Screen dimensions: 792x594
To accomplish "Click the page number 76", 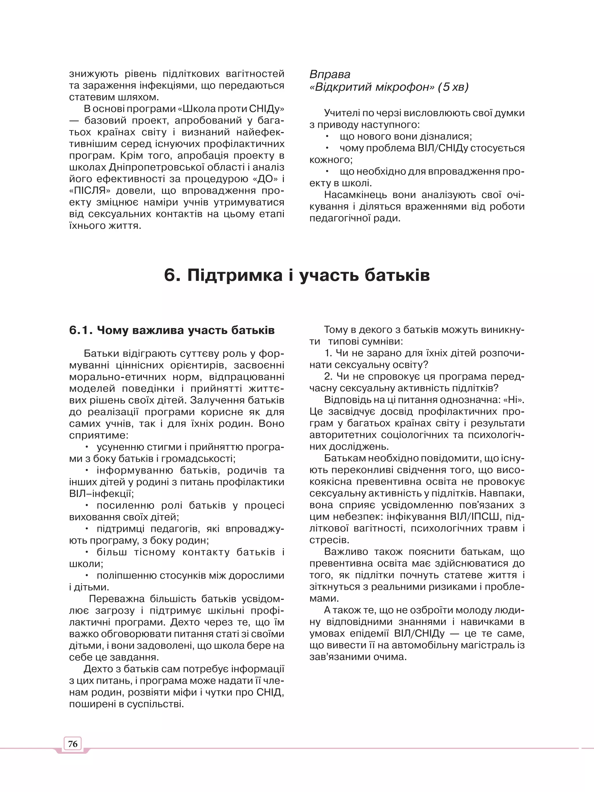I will [x=73, y=744].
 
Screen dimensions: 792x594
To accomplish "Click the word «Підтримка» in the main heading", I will [x=235, y=275].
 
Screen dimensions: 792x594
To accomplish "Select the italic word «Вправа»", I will [x=330, y=74].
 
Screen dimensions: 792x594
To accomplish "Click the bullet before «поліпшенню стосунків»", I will [x=87, y=575].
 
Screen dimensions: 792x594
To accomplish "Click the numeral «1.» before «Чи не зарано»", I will [x=328, y=353].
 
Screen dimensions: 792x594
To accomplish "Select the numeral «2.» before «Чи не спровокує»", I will [x=328, y=377].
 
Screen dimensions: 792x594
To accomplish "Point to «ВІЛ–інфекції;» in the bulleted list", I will [x=102, y=494].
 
